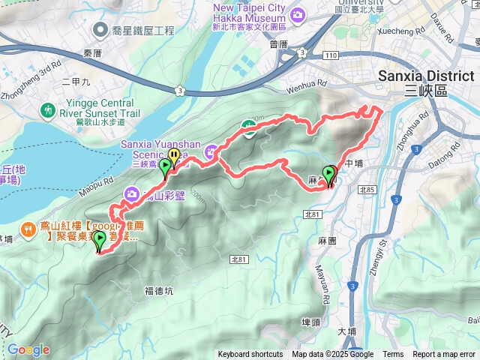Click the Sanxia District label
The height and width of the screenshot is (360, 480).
pyautogui.click(x=426, y=76)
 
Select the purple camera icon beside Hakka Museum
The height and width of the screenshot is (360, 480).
pyautogui.click(x=298, y=13)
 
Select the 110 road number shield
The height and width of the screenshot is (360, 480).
pyautogui.click(x=331, y=56)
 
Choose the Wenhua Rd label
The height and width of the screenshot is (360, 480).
pyautogui.click(x=296, y=77)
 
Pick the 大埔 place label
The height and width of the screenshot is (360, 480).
pyautogui.click(x=346, y=331)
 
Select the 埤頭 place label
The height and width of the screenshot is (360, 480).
pyautogui.click(x=310, y=321)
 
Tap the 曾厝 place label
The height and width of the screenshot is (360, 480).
pyautogui.click(x=278, y=44)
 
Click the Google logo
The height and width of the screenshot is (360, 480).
pyautogui.click(x=28, y=349)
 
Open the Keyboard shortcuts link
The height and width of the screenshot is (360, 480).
pyautogui.click(x=250, y=355)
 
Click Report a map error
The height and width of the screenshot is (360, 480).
pyautogui.click(x=445, y=355)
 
